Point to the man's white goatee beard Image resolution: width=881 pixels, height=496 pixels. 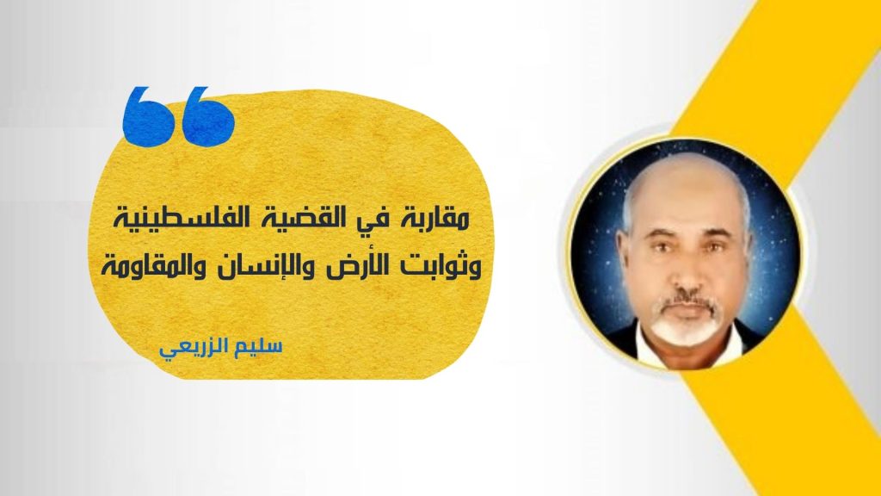[687, 325]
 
